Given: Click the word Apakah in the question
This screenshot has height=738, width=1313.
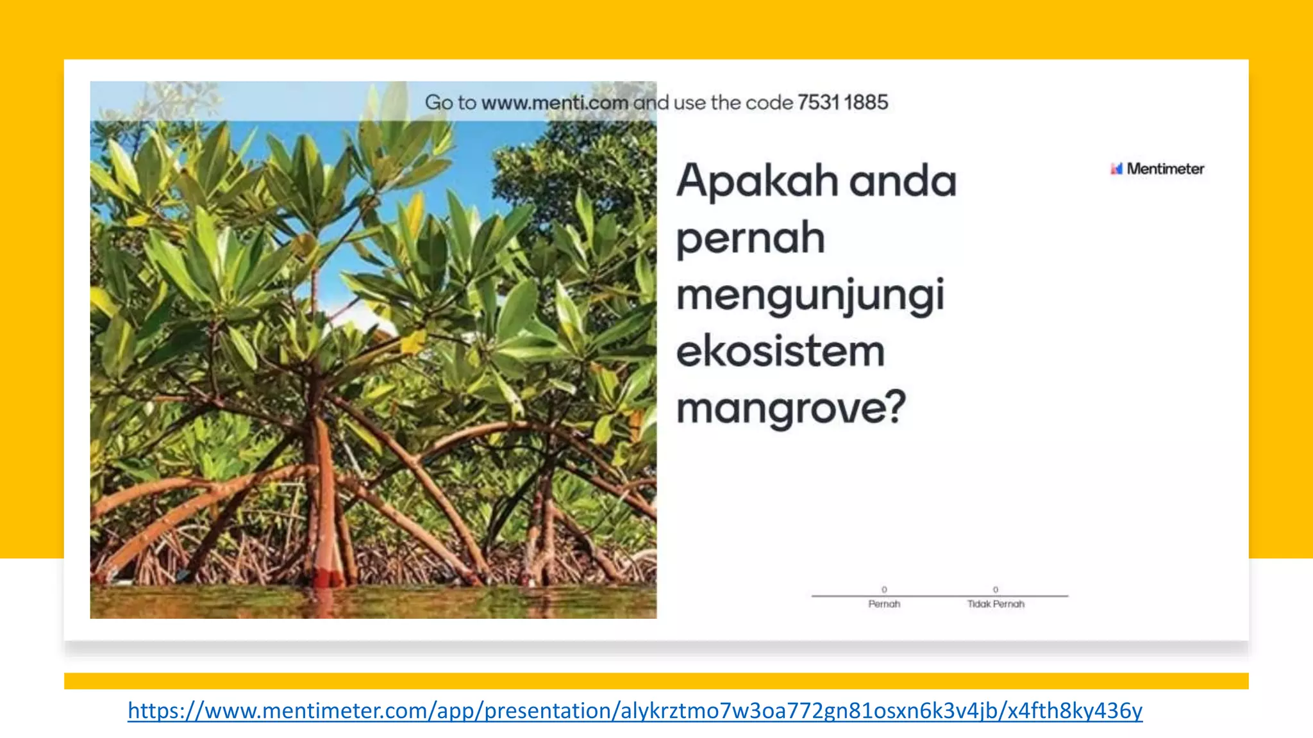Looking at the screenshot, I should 757,181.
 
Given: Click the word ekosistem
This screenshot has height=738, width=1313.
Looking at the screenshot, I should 780,352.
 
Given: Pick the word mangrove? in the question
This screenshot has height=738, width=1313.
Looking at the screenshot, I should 791,409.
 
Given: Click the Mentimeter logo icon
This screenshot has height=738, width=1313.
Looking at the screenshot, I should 1116,168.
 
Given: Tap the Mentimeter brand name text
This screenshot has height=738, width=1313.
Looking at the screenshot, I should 1165,168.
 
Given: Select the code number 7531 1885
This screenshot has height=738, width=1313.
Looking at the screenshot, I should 842,102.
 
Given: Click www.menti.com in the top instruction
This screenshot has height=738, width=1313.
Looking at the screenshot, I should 554,102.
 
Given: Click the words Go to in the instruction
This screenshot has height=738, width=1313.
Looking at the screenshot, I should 450,102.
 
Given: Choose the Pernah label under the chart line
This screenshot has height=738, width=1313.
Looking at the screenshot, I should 884,604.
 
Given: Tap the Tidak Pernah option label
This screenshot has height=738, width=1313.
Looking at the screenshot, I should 996,604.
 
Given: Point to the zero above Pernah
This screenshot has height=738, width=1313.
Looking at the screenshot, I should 884,589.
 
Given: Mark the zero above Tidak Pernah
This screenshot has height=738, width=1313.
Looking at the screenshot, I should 996,589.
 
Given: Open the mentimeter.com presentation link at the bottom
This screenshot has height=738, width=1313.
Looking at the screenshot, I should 635,710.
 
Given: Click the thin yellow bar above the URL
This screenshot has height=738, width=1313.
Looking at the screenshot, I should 656,680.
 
